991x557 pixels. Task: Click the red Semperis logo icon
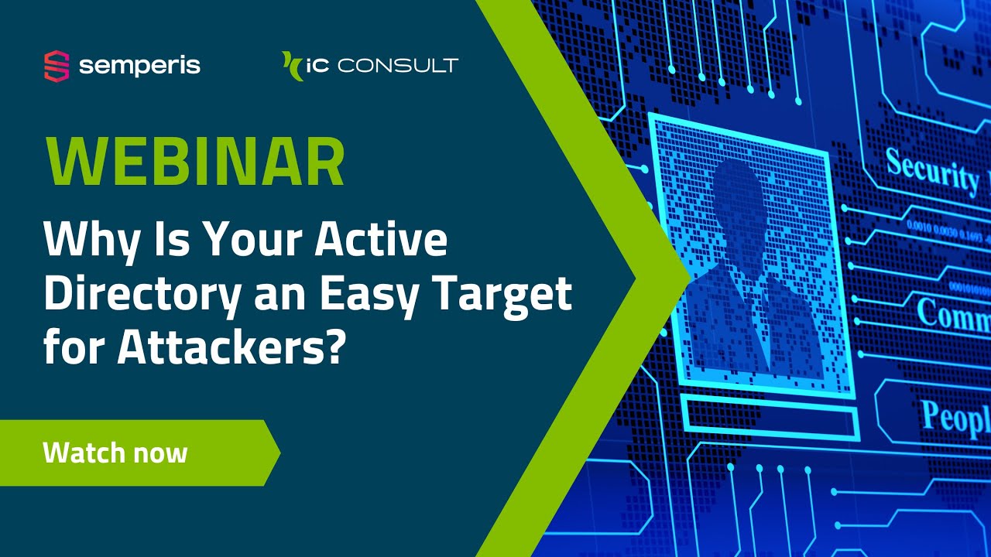click(x=57, y=66)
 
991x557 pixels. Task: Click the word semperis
click(x=139, y=66)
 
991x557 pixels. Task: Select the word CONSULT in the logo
click(x=398, y=66)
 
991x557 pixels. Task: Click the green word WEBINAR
click(x=194, y=162)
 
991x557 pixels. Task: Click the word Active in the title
click(x=381, y=241)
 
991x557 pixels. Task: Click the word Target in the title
click(x=507, y=295)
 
